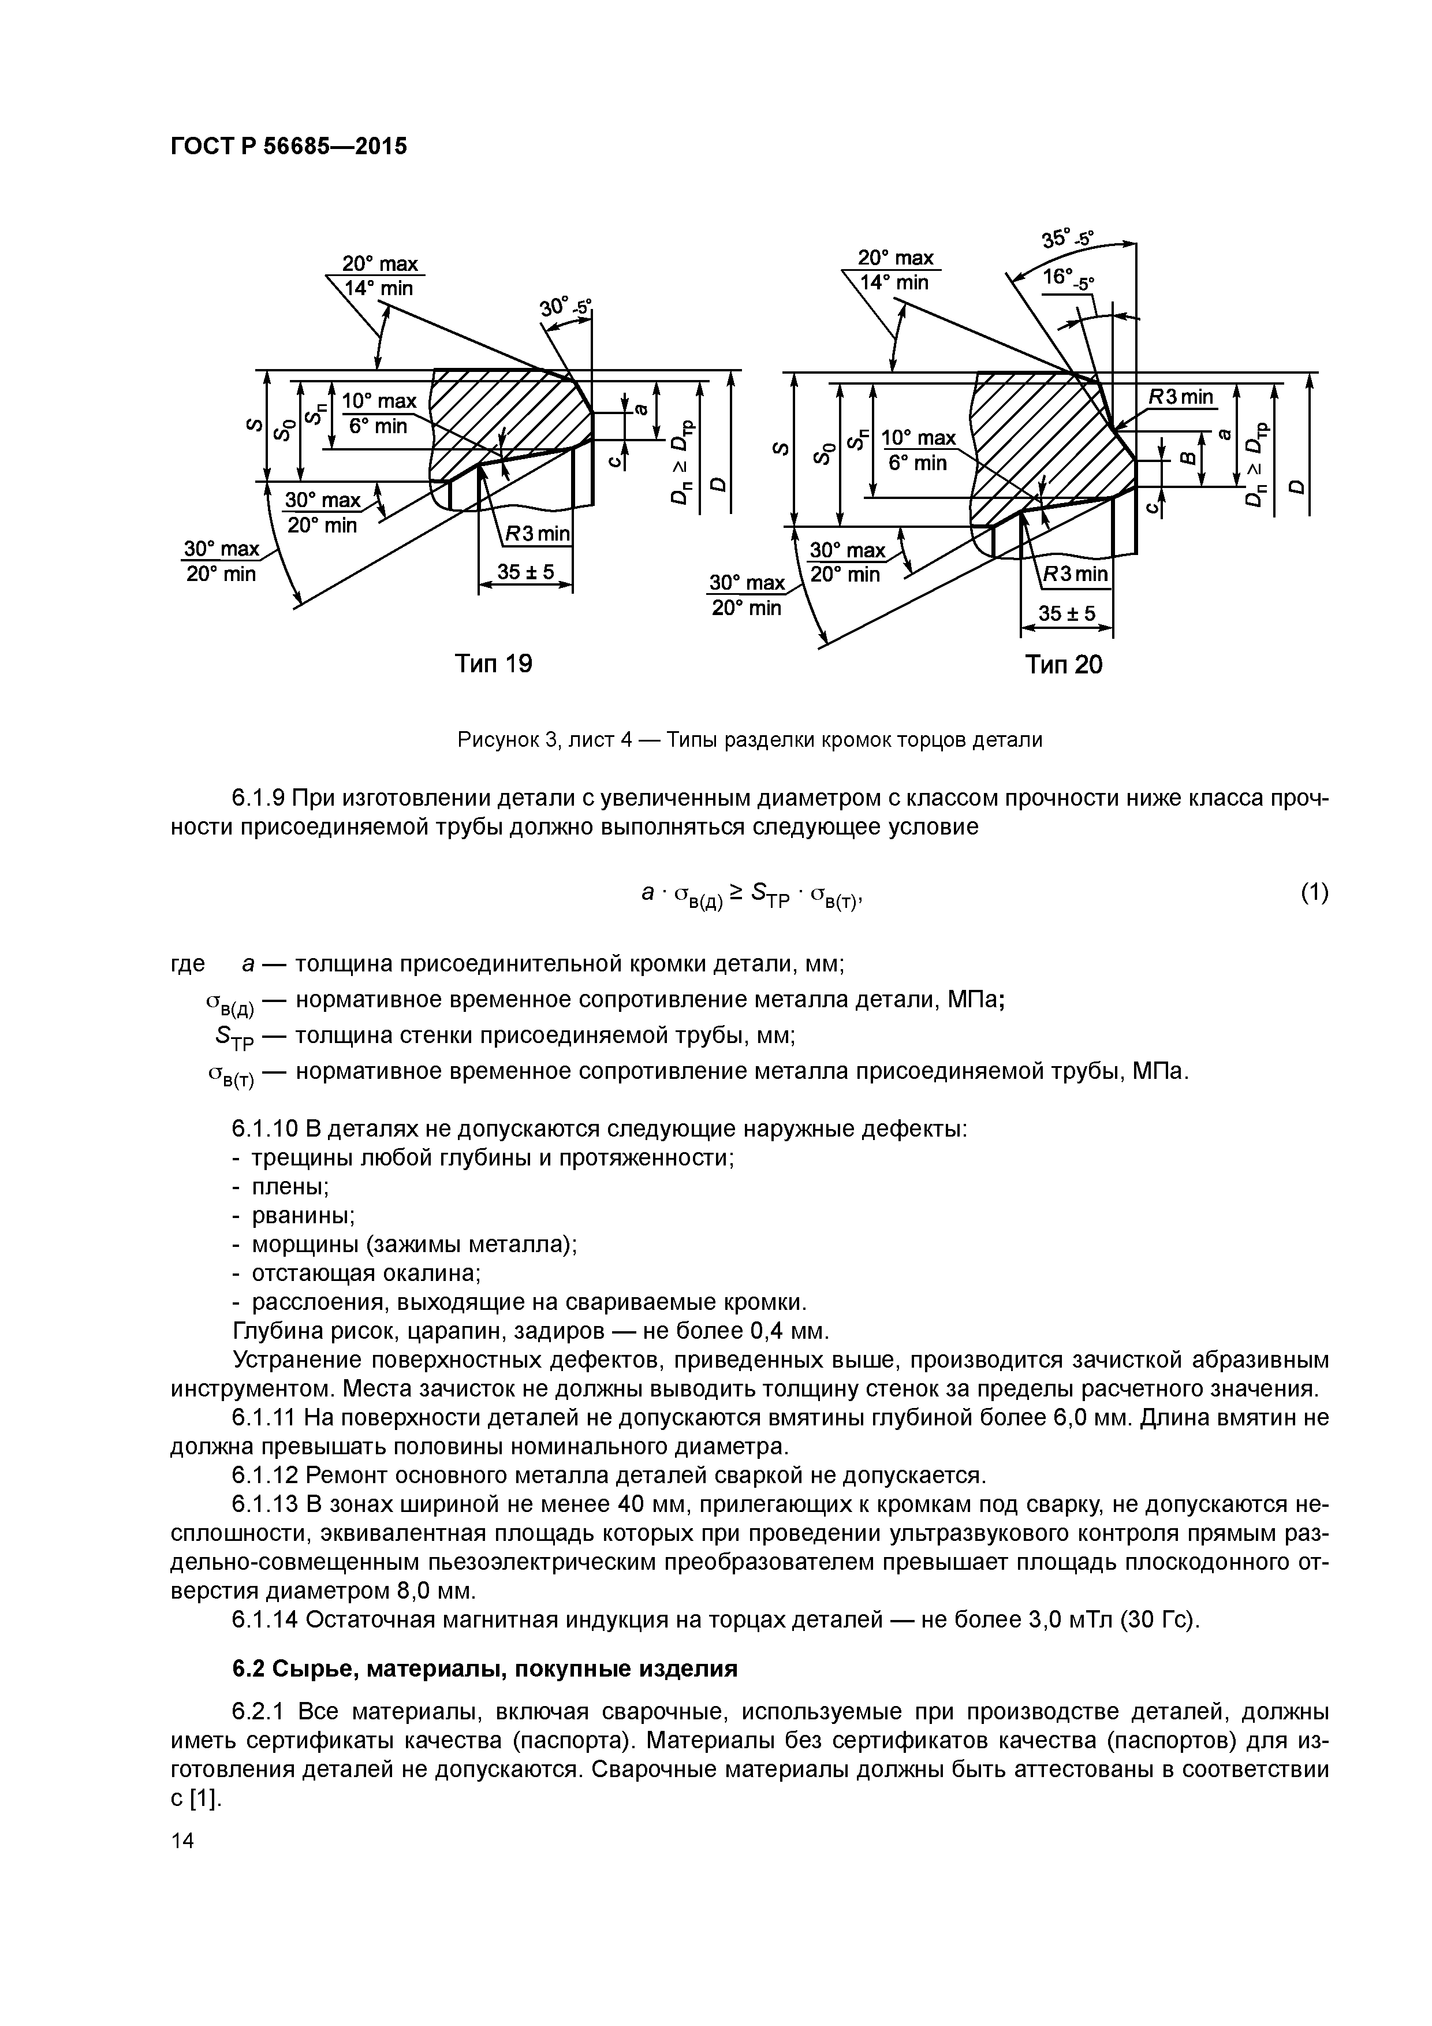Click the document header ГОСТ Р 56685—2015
(289, 147)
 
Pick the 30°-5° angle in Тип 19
(565, 307)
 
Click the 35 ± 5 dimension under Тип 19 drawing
(525, 573)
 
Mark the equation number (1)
(1314, 893)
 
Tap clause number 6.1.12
(264, 1476)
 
